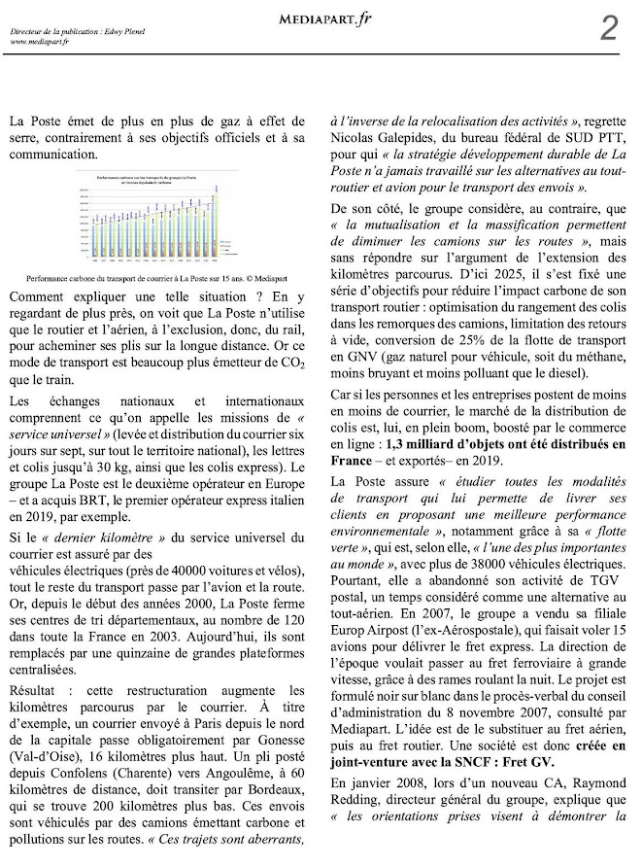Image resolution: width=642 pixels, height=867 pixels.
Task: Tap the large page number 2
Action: (x=608, y=28)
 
